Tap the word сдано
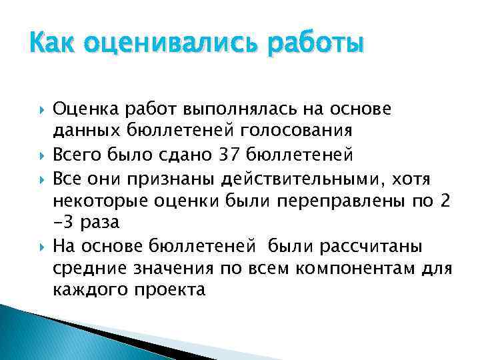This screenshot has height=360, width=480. pos(187,155)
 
